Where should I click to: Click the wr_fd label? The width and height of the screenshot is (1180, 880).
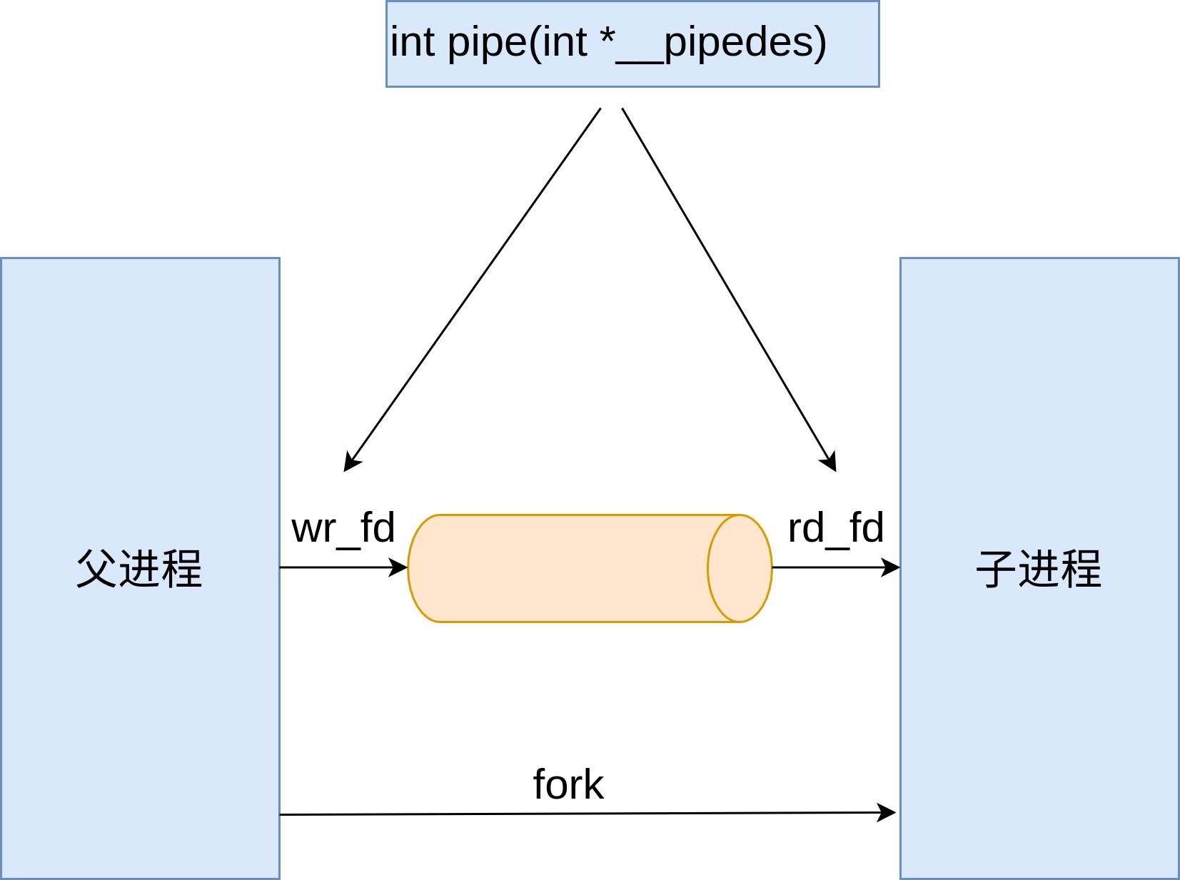coord(343,529)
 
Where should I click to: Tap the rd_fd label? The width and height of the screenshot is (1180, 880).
coord(835,529)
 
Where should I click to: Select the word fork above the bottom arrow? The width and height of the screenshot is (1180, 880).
coord(568,785)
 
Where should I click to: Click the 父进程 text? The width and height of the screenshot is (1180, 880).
coord(139,569)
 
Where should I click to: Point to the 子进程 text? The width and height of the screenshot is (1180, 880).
coord(1039,569)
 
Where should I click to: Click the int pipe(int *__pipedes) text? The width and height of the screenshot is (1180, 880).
coord(608,42)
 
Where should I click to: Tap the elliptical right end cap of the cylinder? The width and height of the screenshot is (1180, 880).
coord(740,568)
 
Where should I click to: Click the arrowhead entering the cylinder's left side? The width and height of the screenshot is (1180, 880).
coord(398,567)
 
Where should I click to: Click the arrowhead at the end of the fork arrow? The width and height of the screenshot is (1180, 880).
coord(887,812)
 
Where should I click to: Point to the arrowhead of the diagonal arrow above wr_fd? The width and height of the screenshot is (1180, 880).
coord(351,462)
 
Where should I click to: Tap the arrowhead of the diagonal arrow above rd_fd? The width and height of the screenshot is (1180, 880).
coord(829,461)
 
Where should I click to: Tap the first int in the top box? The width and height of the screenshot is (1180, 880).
coord(412,42)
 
